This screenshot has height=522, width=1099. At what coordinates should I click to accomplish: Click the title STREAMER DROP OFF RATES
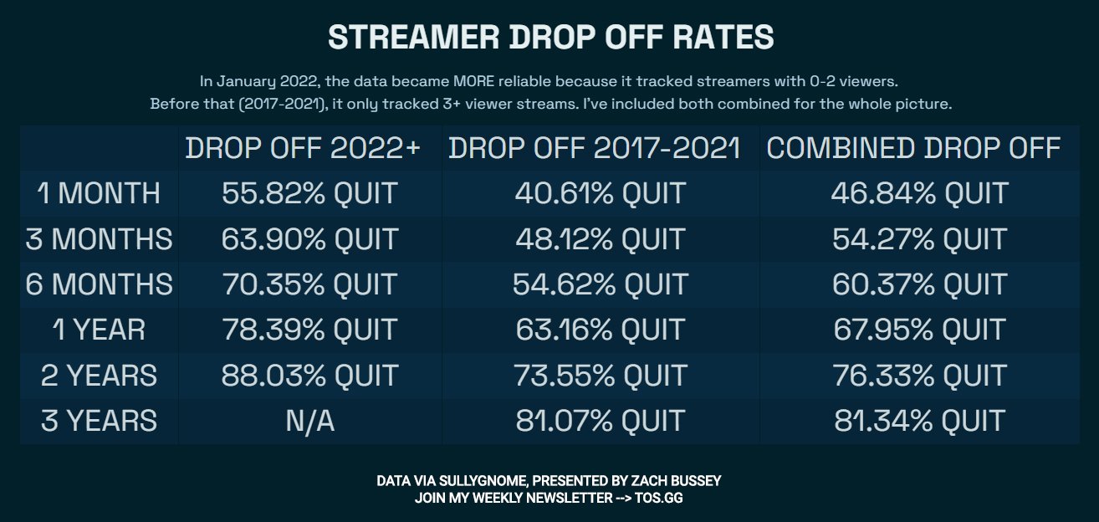tap(550, 38)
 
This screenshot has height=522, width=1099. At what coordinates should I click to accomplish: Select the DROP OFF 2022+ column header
tap(303, 148)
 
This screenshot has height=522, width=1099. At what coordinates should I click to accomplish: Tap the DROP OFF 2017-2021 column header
tap(595, 148)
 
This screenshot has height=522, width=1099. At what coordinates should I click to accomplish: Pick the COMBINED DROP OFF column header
tap(913, 148)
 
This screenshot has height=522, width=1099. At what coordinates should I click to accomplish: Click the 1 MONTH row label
tap(99, 193)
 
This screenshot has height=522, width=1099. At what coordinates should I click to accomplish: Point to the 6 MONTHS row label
tap(99, 284)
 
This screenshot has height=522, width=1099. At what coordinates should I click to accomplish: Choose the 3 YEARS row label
tap(99, 420)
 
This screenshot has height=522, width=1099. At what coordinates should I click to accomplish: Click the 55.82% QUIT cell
tap(309, 193)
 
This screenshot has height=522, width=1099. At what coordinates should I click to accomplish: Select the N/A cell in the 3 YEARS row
tap(309, 420)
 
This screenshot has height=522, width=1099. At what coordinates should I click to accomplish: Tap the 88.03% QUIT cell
tap(309, 375)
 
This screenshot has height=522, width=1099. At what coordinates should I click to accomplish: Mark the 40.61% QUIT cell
tap(600, 193)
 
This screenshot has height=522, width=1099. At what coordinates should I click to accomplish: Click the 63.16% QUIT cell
tap(600, 330)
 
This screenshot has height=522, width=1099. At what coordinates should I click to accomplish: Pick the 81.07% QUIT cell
tap(600, 420)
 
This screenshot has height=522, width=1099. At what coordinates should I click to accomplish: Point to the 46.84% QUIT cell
tap(919, 193)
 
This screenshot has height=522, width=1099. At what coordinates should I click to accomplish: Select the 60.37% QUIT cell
tap(919, 284)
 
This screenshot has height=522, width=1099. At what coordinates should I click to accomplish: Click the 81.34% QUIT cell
tap(919, 420)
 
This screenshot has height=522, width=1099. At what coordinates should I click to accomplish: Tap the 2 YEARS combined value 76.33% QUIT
tap(919, 375)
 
